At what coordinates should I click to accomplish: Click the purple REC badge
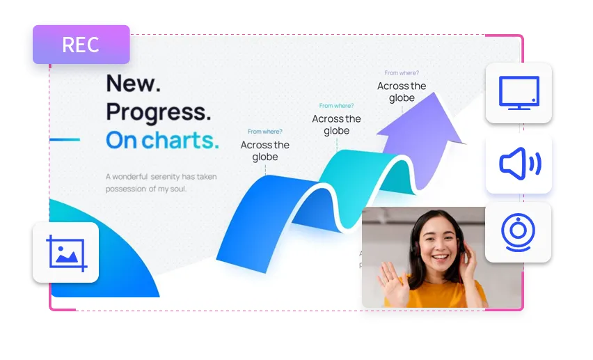point(81,45)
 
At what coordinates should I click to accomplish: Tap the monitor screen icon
point(519,93)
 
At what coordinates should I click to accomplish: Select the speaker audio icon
point(520,164)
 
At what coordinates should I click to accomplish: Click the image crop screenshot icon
point(66,253)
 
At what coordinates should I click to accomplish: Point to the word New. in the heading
point(133,84)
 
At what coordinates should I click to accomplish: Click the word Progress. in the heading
point(159,112)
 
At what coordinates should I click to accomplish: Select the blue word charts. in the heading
point(180,140)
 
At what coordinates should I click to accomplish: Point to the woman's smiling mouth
point(440,258)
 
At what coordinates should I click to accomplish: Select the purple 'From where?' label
point(402,72)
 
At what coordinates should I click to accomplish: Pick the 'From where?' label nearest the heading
point(264,132)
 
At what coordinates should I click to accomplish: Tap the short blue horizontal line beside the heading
point(65,140)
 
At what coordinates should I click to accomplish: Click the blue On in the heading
point(121,140)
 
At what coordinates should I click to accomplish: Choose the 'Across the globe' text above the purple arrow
point(402,92)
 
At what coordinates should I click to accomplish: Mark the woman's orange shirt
point(435,293)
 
